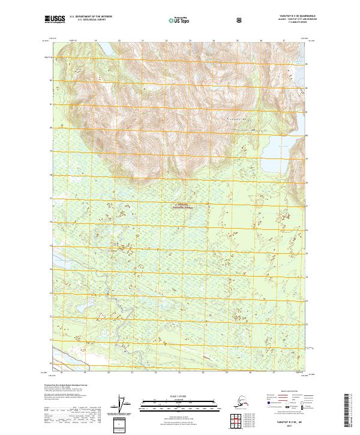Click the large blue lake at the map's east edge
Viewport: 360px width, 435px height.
[x=274, y=155]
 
